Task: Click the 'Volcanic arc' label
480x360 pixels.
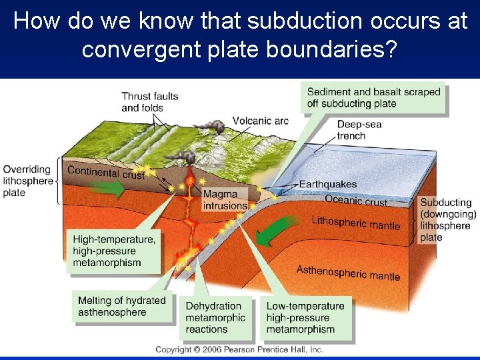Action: coord(260,121)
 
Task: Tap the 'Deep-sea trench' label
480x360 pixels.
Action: coord(359,130)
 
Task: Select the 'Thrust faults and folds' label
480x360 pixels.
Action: coord(149,102)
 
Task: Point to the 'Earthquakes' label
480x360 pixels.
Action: coord(327,184)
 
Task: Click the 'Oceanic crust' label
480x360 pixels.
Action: coord(355,199)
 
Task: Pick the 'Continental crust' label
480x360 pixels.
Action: coord(105,173)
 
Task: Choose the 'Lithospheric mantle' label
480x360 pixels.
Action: coord(355,222)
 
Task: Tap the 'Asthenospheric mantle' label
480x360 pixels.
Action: coord(348,272)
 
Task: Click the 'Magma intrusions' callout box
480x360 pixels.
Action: coord(225,200)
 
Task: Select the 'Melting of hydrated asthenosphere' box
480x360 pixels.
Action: coord(121,306)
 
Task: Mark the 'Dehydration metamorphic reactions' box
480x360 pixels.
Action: coord(216,317)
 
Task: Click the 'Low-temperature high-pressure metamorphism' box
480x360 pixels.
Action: coord(305,317)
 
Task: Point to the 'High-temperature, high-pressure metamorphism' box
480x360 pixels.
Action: coord(115,251)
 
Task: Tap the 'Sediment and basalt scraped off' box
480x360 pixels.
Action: coord(373,97)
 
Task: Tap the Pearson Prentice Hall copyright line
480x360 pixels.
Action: coord(239,349)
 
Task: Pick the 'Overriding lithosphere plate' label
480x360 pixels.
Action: coord(27,181)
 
